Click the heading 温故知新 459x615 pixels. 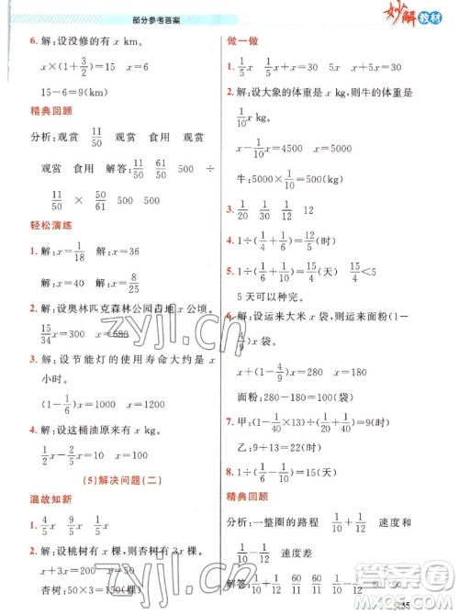point(44,499)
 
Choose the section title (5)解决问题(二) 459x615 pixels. point(114,477)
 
